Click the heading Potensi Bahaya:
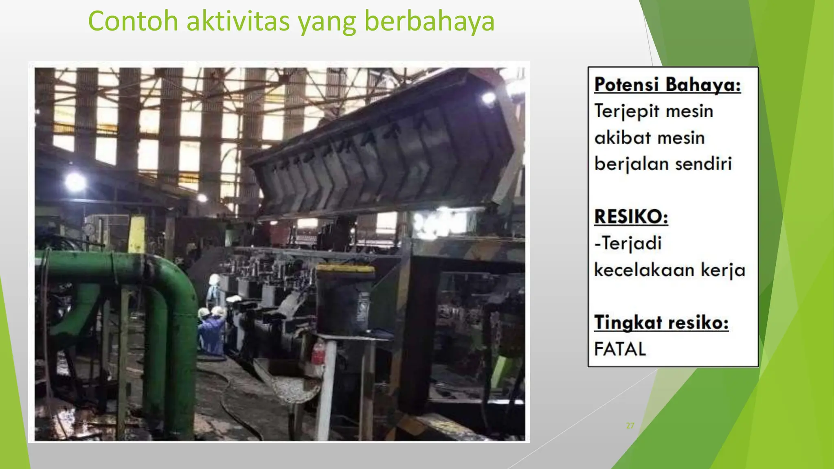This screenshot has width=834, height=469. pos(667,85)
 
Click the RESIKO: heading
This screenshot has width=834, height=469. pos(631,217)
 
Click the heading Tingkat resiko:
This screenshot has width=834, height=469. pos(661,323)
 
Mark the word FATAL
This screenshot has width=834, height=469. pos(620,349)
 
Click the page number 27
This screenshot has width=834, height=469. pos(630,426)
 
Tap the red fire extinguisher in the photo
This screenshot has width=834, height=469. pos(318,353)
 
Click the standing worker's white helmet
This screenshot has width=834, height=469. pos(215,279)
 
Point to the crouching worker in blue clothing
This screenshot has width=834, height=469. pos(212,332)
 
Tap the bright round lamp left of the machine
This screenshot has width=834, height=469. pos(75,182)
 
